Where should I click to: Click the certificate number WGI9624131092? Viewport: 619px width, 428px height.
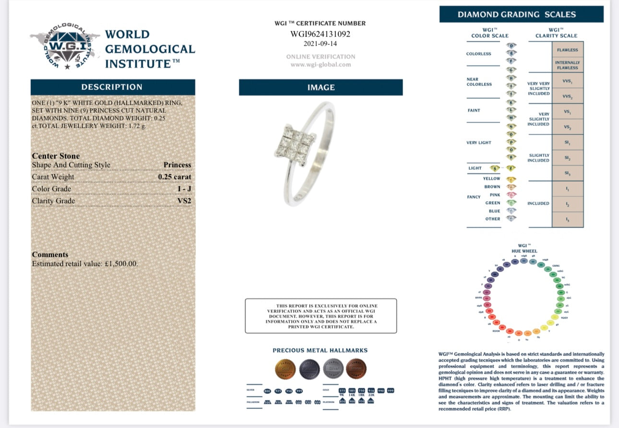tap(321, 34)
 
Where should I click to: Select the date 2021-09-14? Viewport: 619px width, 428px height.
tap(321, 44)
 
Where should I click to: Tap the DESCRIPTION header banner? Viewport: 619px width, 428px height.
tap(112, 87)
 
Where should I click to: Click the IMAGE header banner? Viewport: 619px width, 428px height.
tap(321, 88)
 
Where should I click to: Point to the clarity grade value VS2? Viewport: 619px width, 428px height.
tap(184, 201)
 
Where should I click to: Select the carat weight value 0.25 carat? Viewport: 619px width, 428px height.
tap(175, 177)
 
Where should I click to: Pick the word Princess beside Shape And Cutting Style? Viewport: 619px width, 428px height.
tap(177, 165)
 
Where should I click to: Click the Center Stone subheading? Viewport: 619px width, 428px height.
tap(56, 156)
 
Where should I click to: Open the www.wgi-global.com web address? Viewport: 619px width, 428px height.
tap(321, 65)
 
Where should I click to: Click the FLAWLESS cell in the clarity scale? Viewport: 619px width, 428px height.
tap(567, 50)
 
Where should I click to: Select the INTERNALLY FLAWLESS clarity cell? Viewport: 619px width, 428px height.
tap(567, 65)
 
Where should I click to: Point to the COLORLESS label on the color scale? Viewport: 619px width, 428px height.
tap(478, 54)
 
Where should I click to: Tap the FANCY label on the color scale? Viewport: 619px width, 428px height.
tap(474, 197)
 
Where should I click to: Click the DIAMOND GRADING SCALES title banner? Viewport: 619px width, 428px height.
tap(521, 14)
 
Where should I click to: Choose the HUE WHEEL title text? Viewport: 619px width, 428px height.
tap(524, 251)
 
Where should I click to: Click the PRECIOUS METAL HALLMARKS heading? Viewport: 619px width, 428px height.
tap(320, 350)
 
